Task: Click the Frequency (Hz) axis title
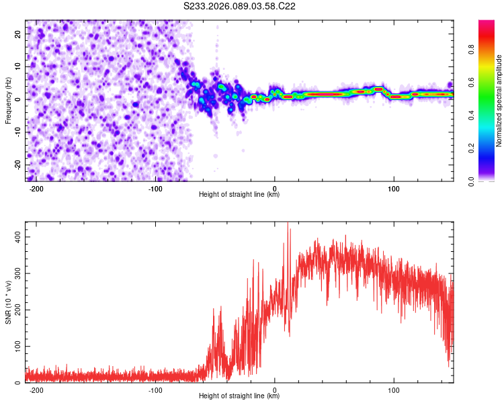pos(9,101)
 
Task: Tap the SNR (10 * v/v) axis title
pos(9,302)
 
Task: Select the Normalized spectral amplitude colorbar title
pos(499,101)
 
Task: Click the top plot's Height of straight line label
pos(239,194)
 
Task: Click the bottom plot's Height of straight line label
pos(239,396)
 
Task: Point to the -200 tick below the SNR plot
pos(36,390)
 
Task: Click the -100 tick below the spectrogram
pos(156,188)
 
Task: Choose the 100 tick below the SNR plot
pos(394,390)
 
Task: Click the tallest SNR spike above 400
pos(288,224)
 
